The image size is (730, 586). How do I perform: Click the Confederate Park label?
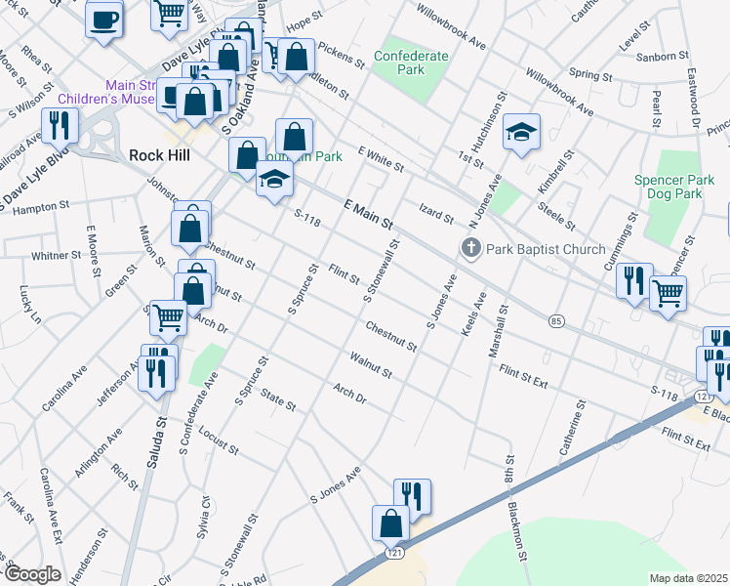pyautogui.click(x=411, y=63)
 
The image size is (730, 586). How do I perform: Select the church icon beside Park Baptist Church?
pyautogui.click(x=471, y=248)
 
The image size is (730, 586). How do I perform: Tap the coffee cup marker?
pyautogui.click(x=104, y=19)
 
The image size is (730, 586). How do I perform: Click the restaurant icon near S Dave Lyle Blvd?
pyautogui.click(x=60, y=126)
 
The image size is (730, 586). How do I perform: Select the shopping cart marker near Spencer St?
pyautogui.click(x=668, y=292)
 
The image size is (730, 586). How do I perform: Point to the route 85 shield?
pyautogui.click(x=556, y=321)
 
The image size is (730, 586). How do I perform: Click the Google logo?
pyautogui.click(x=32, y=574)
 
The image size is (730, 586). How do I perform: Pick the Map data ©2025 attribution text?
pyautogui.click(x=688, y=578)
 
